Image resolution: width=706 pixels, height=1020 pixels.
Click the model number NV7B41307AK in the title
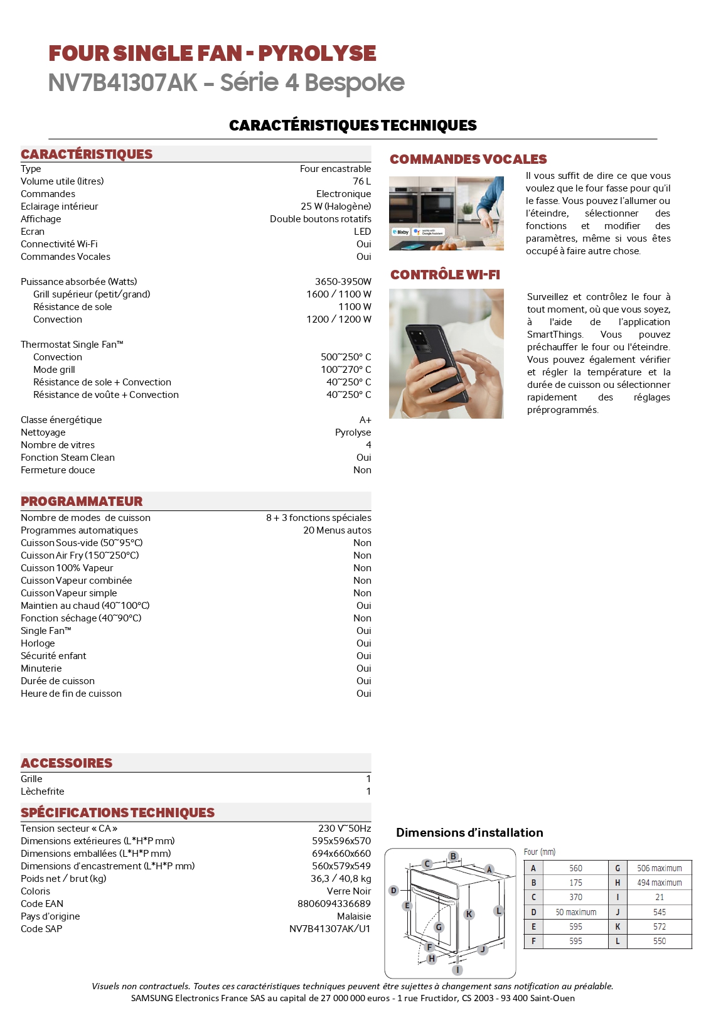point(123,83)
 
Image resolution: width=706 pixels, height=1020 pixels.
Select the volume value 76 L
point(361,181)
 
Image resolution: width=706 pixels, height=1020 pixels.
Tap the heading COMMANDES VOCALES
point(468,159)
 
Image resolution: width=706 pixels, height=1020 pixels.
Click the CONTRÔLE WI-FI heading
point(445,275)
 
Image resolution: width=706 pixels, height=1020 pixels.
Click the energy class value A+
point(365,420)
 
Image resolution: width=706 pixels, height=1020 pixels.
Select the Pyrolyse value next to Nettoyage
point(353,432)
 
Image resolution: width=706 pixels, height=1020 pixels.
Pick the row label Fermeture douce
point(58,470)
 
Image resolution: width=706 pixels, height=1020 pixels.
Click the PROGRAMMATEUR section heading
point(82,502)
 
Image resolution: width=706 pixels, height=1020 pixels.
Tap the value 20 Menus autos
point(337,530)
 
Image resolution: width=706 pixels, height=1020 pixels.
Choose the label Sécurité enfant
point(53,656)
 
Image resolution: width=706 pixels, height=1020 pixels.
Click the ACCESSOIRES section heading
point(67,763)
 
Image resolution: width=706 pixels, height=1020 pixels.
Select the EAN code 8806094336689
point(334,904)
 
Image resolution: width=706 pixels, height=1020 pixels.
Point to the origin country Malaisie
point(354,916)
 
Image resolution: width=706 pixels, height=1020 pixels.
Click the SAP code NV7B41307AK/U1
point(329,929)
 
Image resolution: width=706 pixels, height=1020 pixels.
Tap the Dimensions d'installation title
point(469,833)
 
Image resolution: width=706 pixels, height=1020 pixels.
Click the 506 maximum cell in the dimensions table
point(659,868)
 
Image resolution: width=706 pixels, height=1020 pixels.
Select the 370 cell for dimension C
point(575,897)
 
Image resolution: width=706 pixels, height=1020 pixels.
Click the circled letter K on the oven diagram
point(469,914)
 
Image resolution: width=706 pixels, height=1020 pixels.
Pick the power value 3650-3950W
point(343,282)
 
